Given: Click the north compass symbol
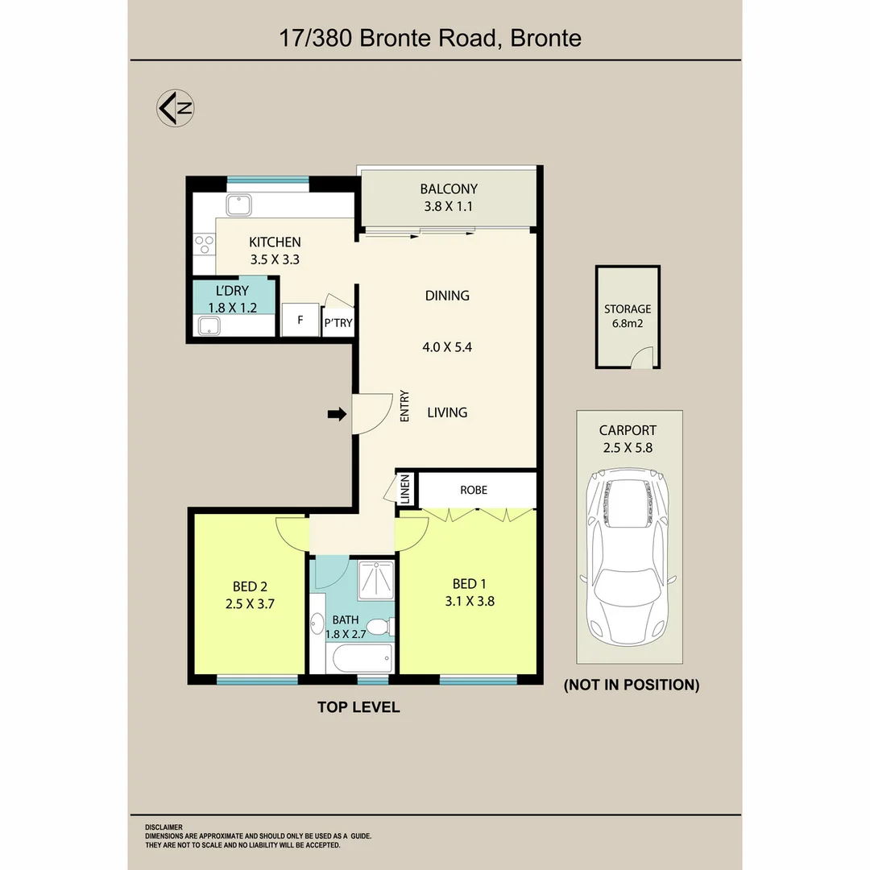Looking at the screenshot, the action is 176,108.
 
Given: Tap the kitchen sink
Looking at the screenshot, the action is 239,205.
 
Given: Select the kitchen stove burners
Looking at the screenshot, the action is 204,245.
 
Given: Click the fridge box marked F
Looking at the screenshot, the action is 300,320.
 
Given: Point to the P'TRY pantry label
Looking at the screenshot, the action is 338,323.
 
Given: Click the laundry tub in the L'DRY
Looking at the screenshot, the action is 209,325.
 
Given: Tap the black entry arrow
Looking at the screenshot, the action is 337,414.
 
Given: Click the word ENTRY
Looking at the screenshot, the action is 404,405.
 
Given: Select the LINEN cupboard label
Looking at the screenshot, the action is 405,489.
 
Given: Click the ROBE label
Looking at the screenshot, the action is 474,490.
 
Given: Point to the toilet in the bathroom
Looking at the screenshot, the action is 380,627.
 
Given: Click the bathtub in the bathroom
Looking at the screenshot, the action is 362,659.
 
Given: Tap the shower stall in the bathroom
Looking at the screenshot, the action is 376,580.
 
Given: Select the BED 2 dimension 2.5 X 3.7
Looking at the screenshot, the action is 250,603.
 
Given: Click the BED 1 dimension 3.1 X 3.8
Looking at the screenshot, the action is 470,601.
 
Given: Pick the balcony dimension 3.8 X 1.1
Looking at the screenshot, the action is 449,206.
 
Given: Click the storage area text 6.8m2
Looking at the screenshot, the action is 628,324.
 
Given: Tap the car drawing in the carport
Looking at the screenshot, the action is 628,557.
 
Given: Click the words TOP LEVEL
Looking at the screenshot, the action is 358,707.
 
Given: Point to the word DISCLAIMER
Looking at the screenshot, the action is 164,827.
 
